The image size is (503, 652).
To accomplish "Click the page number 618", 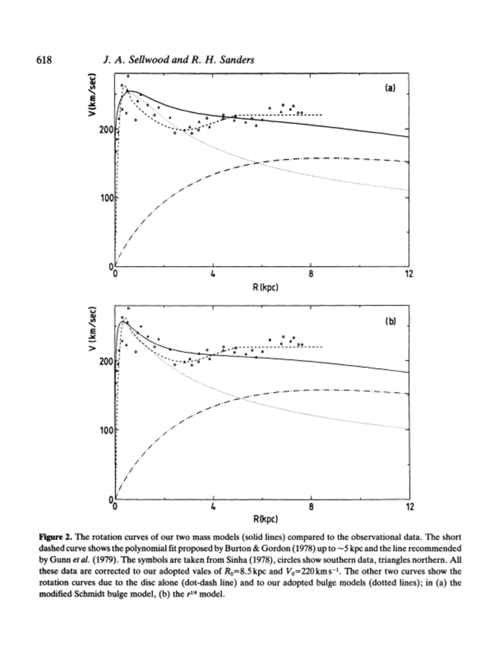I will coord(44,61).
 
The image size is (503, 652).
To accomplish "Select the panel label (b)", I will coord(390,320).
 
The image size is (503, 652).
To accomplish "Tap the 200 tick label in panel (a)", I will coord(106,129).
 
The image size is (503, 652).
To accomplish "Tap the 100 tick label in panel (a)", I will coord(106,198).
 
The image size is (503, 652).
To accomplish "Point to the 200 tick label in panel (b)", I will coord(106,361).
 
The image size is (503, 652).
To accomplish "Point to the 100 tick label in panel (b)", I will coord(106,430).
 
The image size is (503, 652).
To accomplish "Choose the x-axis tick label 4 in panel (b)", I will coord(213,508).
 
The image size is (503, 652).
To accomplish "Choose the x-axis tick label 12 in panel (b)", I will coord(409,508).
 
